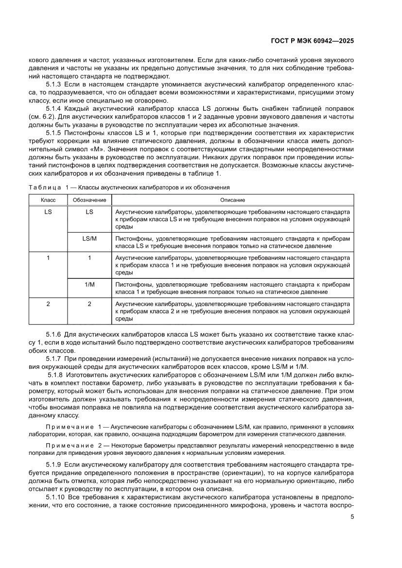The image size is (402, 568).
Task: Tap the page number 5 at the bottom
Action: point(352,516)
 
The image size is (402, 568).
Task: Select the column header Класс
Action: point(48,200)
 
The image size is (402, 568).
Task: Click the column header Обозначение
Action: point(89,200)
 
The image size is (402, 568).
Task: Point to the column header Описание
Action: point(232,200)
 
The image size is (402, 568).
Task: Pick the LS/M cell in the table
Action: point(89,239)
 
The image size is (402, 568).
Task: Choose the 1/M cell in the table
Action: point(89,284)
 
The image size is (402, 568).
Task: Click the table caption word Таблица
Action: point(44,188)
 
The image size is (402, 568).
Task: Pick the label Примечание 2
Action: point(73,446)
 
